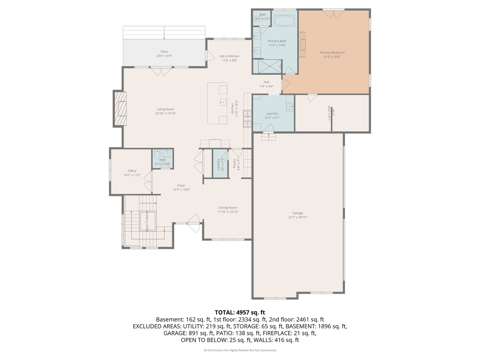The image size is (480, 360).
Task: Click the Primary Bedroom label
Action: coord(332,53)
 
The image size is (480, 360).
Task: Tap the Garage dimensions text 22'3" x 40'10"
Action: coord(298,217)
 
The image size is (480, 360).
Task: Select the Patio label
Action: coord(164,52)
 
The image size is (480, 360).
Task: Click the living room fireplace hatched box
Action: coord(121,108)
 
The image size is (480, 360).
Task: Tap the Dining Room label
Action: coord(228,208)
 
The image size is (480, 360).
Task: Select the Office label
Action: coord(132,171)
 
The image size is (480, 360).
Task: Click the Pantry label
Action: coord(234,164)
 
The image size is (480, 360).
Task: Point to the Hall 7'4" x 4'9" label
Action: coord(266,84)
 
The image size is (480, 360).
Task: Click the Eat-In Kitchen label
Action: coord(229,56)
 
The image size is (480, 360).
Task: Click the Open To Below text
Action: coord(147,221)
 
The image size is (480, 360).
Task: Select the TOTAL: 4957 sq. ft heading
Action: coord(240,312)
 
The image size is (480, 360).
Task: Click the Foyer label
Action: coord(181,186)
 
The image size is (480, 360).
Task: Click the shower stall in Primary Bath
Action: coord(268,66)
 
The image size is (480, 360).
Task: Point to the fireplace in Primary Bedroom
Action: coord(302,45)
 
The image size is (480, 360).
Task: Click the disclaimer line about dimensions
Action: coord(240,350)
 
